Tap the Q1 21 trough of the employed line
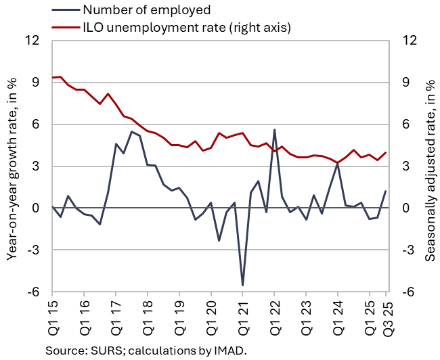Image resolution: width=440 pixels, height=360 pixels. pyautogui.click(x=242, y=285)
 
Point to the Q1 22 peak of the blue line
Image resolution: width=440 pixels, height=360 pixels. pyautogui.click(x=274, y=129)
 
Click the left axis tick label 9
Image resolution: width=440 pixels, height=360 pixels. pyautogui.click(x=35, y=83)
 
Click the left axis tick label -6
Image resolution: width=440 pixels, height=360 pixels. pyautogui.click(x=32, y=292)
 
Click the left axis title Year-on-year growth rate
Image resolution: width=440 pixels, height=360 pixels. pyautogui.click(x=12, y=166)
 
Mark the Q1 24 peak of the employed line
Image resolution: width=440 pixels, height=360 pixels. pyautogui.click(x=338, y=163)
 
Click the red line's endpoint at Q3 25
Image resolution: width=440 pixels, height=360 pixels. pyautogui.click(x=386, y=152)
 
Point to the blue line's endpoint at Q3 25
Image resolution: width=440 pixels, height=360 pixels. pyautogui.click(x=386, y=191)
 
